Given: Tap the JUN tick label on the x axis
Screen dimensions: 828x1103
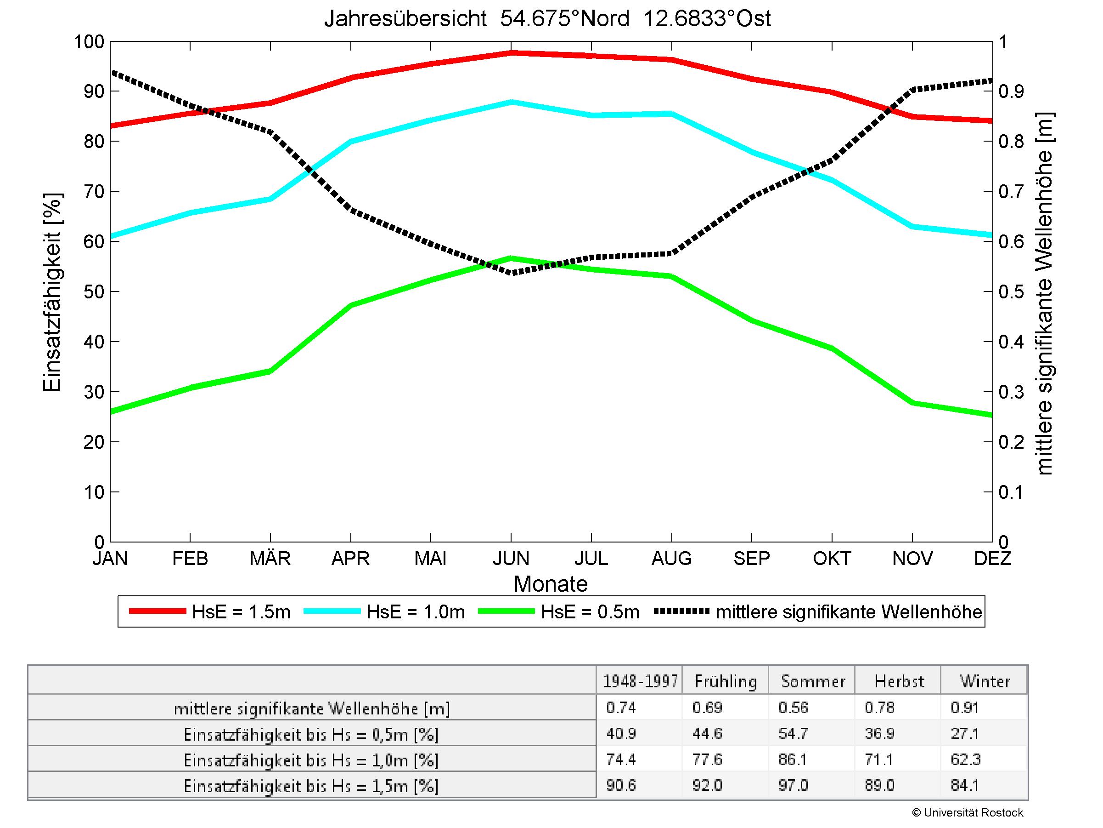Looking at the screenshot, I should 511,558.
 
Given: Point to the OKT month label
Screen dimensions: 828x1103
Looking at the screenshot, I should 831,558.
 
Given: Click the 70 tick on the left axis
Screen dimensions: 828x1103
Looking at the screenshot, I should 94,192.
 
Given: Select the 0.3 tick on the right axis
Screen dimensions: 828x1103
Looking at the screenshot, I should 1011,392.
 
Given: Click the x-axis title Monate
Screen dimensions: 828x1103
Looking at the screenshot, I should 551,584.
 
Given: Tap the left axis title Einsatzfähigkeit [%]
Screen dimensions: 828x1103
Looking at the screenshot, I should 52,293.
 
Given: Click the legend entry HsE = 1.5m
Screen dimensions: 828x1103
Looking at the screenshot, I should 241,612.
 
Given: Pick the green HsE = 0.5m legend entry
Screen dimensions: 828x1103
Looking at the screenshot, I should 590,612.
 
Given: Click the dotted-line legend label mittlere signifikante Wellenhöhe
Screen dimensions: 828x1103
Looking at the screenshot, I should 848,612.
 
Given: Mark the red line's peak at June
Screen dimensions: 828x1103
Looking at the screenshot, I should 511,52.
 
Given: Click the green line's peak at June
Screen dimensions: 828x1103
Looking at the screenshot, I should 511,258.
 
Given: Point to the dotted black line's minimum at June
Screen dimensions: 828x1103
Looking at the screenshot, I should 511,273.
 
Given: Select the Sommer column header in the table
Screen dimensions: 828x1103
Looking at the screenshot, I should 812,681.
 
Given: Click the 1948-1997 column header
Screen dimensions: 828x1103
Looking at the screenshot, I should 640,681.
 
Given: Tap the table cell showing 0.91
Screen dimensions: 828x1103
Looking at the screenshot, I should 964,708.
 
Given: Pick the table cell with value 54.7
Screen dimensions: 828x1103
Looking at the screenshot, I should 793,734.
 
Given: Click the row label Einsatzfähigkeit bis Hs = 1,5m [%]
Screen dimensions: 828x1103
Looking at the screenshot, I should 311,786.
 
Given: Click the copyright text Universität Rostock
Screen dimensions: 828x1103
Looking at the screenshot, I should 968,812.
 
